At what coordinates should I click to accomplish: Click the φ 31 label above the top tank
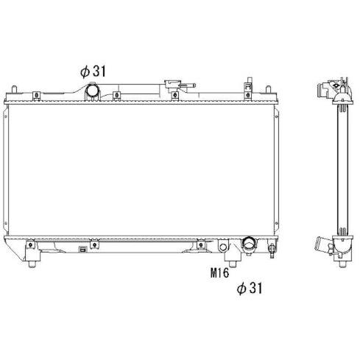click(x=93, y=71)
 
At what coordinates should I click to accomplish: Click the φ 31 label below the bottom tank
click(x=250, y=288)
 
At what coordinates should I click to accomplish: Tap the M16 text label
click(x=219, y=273)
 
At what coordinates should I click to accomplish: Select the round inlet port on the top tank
click(x=93, y=91)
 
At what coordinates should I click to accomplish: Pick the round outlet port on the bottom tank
click(x=249, y=243)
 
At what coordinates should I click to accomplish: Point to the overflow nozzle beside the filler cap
click(x=188, y=85)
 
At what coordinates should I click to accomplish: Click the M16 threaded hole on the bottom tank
click(x=223, y=247)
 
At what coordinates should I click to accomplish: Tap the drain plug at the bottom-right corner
click(x=272, y=250)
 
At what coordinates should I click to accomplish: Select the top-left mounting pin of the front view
click(x=14, y=89)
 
